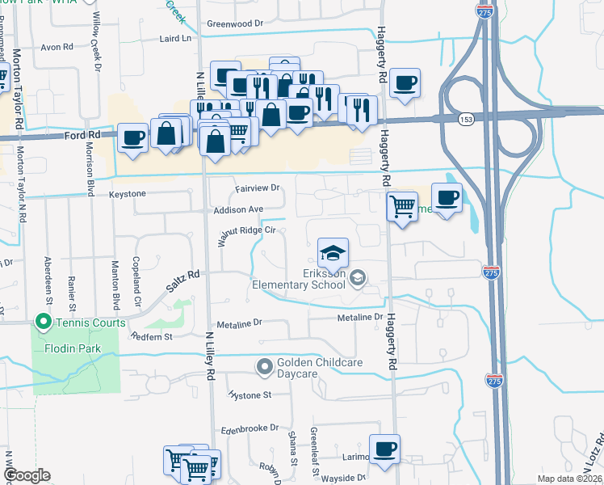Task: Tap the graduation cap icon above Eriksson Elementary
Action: (333, 253)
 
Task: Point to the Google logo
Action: (27, 475)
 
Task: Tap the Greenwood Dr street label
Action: (235, 23)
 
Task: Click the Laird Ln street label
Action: (180, 38)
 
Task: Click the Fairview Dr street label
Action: (257, 188)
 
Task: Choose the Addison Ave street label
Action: (239, 209)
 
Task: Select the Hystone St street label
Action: (250, 395)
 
